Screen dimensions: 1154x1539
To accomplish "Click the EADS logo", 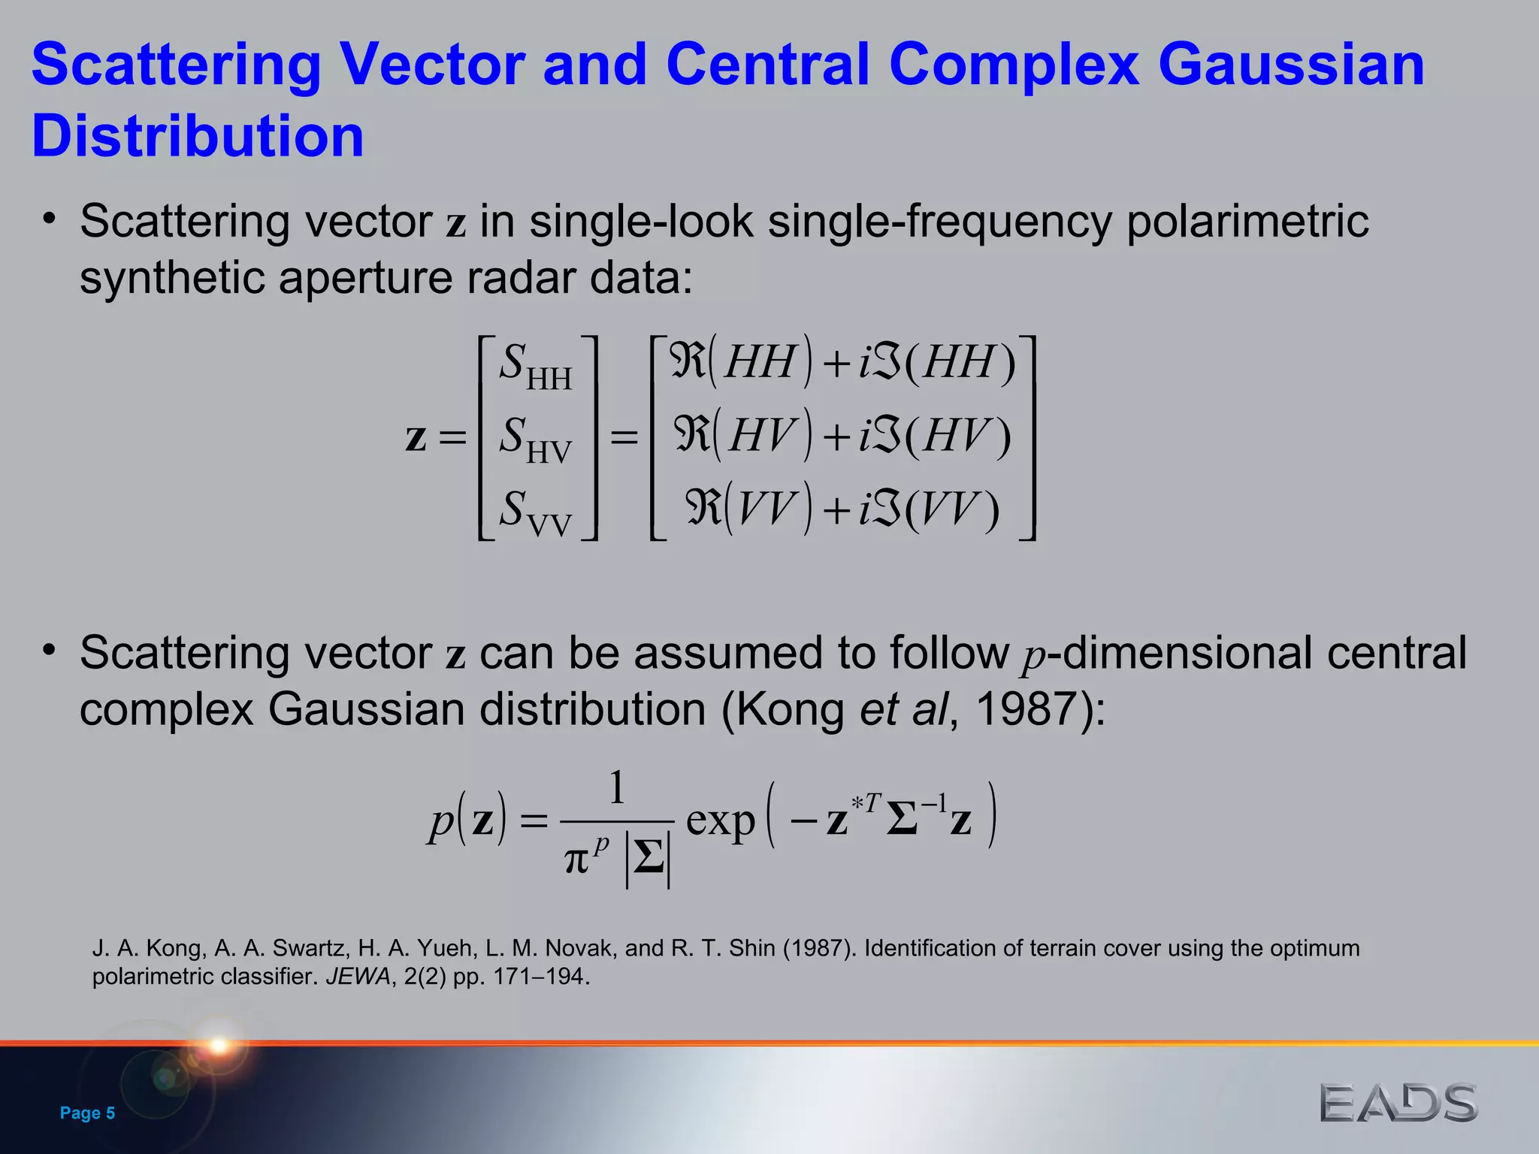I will pos(1398,1103).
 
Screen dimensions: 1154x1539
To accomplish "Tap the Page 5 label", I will pos(87,1113).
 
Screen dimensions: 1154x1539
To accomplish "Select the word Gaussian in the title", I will pos(1290,64).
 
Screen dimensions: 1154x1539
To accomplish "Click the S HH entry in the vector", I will pos(535,366).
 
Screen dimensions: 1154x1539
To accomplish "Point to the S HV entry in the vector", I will pos(535,439).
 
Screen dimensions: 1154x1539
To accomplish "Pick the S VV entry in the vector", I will pos(535,512).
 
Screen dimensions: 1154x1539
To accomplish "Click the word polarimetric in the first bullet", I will pos(1247,222).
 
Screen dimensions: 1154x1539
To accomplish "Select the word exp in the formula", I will pos(720,820).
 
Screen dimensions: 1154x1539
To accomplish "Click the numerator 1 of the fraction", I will pos(617,788).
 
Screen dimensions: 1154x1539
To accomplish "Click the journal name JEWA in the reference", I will pos(358,977).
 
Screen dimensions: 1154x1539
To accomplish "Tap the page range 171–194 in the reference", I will pos(539,977).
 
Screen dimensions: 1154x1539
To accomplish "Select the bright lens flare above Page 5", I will pos(219,1045).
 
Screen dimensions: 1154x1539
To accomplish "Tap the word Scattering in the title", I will pos(177,64).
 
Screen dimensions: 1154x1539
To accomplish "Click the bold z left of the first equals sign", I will pos(416,437).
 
